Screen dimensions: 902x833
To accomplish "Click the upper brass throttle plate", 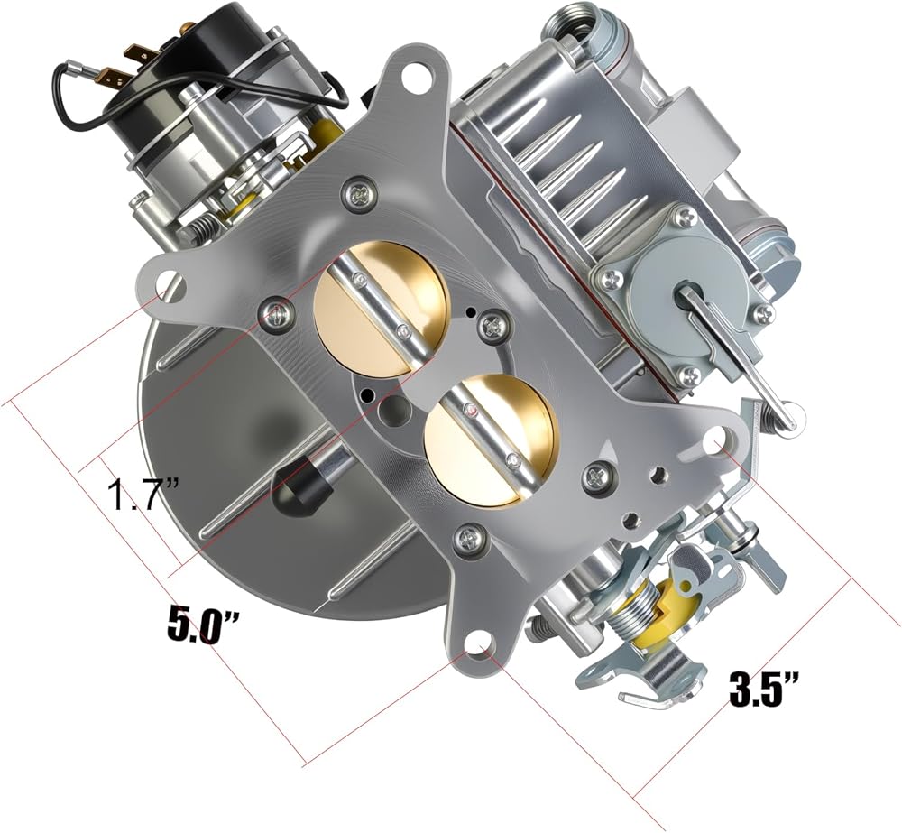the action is [381, 308].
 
